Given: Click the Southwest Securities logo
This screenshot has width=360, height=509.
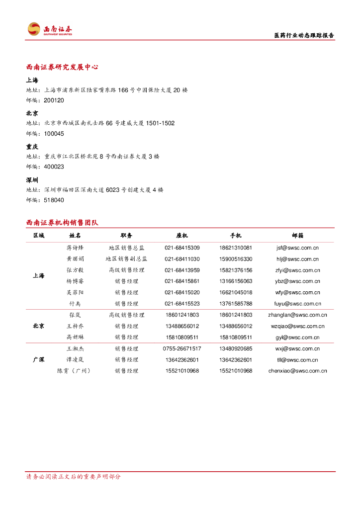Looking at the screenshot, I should pos(50,29).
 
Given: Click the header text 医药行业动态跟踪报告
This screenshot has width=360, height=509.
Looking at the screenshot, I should pos(304,35).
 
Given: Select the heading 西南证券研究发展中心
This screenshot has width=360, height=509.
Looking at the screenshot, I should pos(62,67).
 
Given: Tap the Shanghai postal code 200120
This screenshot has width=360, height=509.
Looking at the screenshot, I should pos(54,100).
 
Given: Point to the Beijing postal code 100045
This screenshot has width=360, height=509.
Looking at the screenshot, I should pos(54,134).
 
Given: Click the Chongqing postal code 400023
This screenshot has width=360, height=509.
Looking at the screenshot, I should pos(54,167).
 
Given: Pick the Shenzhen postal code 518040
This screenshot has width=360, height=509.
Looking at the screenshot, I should pos(54,200).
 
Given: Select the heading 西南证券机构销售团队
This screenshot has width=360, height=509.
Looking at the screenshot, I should pos(62,223).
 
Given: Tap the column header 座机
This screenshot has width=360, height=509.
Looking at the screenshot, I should pos(182,236).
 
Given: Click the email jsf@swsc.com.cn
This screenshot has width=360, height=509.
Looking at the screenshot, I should pos(297,248).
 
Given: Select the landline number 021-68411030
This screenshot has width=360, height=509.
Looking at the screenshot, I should pos(182,259).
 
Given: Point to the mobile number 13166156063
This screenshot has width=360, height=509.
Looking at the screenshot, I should pos(235,281).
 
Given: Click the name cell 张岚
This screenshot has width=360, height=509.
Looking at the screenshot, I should pos(75,315).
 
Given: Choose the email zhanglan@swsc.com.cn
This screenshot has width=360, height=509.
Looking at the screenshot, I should pos(297,315).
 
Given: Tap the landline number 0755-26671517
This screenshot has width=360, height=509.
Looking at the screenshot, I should pos(182,348).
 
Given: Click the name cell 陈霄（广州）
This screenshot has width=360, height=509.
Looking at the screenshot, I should pos(75,371).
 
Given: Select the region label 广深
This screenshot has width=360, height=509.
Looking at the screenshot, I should pos(38,359).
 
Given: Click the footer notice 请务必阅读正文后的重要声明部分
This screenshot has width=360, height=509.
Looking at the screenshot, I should pos(73,477).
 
